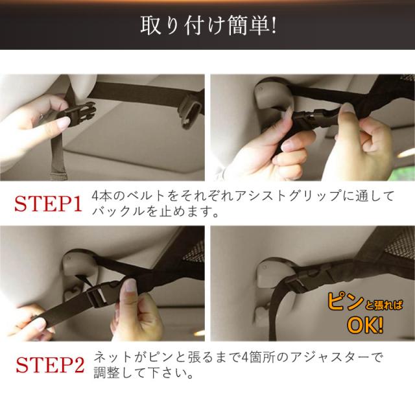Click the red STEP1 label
(x=48, y=204)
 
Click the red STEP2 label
(x=51, y=364)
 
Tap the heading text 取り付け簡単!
(x=208, y=25)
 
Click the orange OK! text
(x=365, y=325)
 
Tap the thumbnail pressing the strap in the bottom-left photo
(x=130, y=285)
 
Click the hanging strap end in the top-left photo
(x=56, y=159)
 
